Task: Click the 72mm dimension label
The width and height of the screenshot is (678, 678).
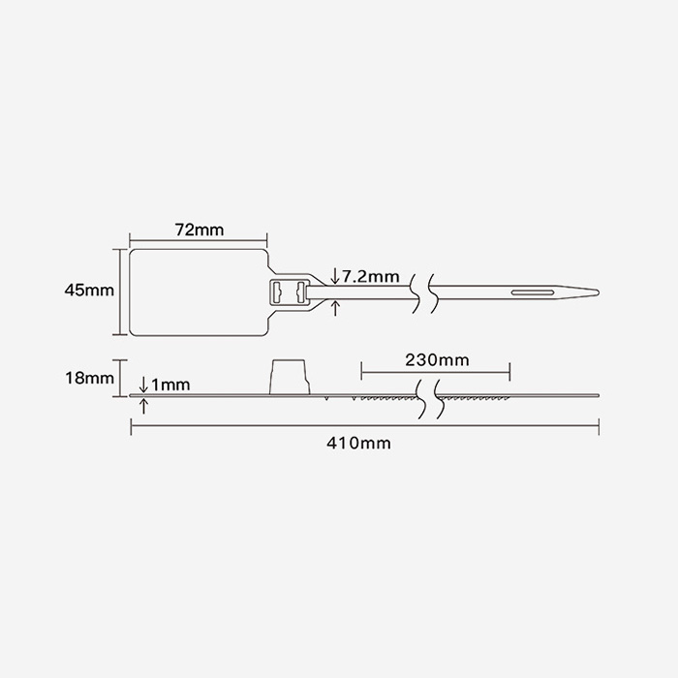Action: coord(199,230)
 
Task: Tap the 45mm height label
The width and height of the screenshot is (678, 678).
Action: coord(88,290)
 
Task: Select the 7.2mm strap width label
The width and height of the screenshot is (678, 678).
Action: coord(370,277)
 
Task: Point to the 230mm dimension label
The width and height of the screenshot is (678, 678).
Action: coord(436,359)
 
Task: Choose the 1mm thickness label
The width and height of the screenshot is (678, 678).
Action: coord(169,385)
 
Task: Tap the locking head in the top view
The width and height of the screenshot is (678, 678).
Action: coord(289,291)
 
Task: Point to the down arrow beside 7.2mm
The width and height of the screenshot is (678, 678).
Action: coord(335,276)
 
